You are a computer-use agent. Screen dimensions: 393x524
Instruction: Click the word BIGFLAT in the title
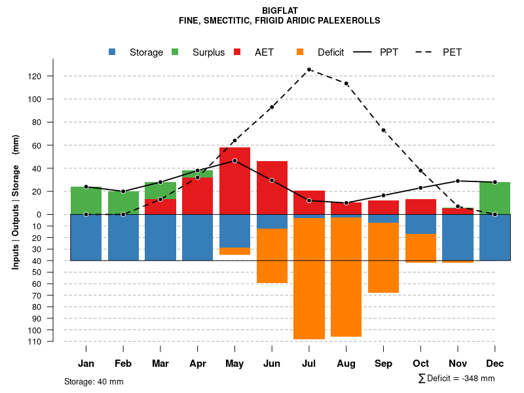click(x=280, y=10)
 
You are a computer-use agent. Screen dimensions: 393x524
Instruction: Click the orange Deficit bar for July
click(x=309, y=278)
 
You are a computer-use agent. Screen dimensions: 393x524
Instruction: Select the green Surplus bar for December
click(x=495, y=198)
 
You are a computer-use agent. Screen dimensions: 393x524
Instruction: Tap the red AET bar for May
click(x=234, y=187)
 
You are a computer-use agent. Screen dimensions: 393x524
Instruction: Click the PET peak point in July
click(x=309, y=69)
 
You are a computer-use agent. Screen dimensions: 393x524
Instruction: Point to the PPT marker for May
click(x=234, y=160)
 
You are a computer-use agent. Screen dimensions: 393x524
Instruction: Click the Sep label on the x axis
click(x=384, y=364)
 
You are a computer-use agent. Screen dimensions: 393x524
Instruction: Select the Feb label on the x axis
click(x=123, y=364)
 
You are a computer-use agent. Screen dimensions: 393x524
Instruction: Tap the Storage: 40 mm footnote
click(x=94, y=381)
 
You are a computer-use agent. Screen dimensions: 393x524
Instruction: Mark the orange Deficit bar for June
click(x=272, y=255)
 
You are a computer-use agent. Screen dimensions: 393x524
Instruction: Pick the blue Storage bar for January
click(x=86, y=237)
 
